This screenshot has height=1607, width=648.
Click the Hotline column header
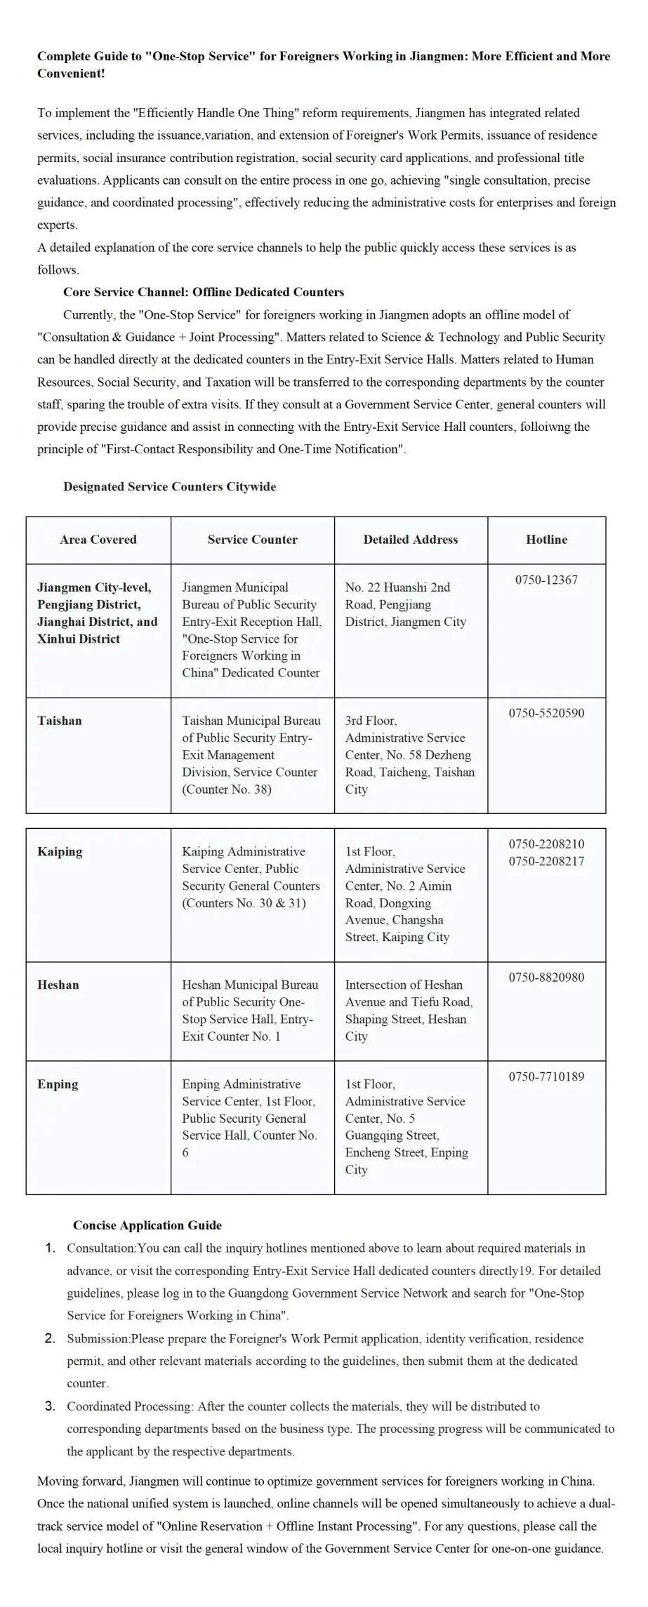pyautogui.click(x=546, y=540)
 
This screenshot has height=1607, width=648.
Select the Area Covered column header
pyautogui.click(x=98, y=540)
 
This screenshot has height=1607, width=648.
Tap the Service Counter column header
pyautogui.click(x=252, y=540)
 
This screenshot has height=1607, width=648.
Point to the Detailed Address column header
pyautogui.click(x=410, y=540)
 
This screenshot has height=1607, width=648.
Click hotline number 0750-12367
pyautogui.click(x=546, y=580)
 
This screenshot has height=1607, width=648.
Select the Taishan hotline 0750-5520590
pyautogui.click(x=546, y=714)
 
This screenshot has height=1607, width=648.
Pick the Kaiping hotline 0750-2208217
pyautogui.click(x=546, y=861)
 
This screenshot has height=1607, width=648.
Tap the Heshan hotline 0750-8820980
pyautogui.click(x=546, y=978)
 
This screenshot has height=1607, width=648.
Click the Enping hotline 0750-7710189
pyautogui.click(x=546, y=1076)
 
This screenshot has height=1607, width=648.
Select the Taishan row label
pyautogui.click(x=60, y=721)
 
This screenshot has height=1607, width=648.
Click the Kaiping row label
pyautogui.click(x=60, y=852)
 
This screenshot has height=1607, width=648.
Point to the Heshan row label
pyautogui.click(x=58, y=985)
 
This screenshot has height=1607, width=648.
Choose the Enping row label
pyautogui.click(x=58, y=1084)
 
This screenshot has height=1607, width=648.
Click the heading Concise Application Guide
pyautogui.click(x=147, y=1225)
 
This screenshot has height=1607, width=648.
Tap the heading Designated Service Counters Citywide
pyautogui.click(x=169, y=486)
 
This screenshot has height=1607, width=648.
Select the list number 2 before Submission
pyautogui.click(x=50, y=1338)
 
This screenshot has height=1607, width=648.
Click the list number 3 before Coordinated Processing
pyautogui.click(x=50, y=1406)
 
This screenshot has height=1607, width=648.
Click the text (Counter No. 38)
pyautogui.click(x=227, y=789)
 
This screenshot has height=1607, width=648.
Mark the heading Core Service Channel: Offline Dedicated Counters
pyautogui.click(x=204, y=292)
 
